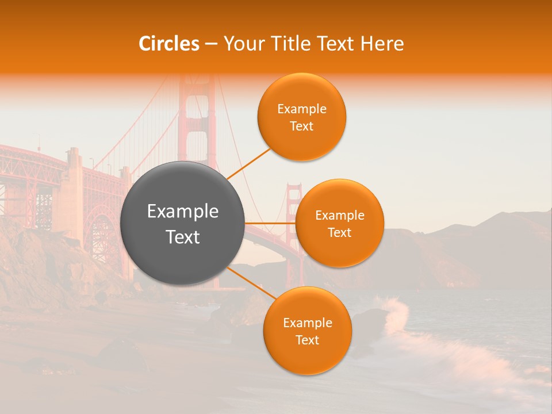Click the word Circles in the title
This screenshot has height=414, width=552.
168,44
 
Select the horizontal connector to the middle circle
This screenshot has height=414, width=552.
270,223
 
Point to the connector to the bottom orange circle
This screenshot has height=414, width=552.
251,283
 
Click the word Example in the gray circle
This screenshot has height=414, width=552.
182,212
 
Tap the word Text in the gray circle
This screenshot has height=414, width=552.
182,237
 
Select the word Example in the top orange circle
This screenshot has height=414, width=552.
302,109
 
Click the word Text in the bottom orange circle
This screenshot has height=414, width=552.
307,340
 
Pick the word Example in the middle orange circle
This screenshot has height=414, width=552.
340,216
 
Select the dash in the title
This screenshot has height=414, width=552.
211,44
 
